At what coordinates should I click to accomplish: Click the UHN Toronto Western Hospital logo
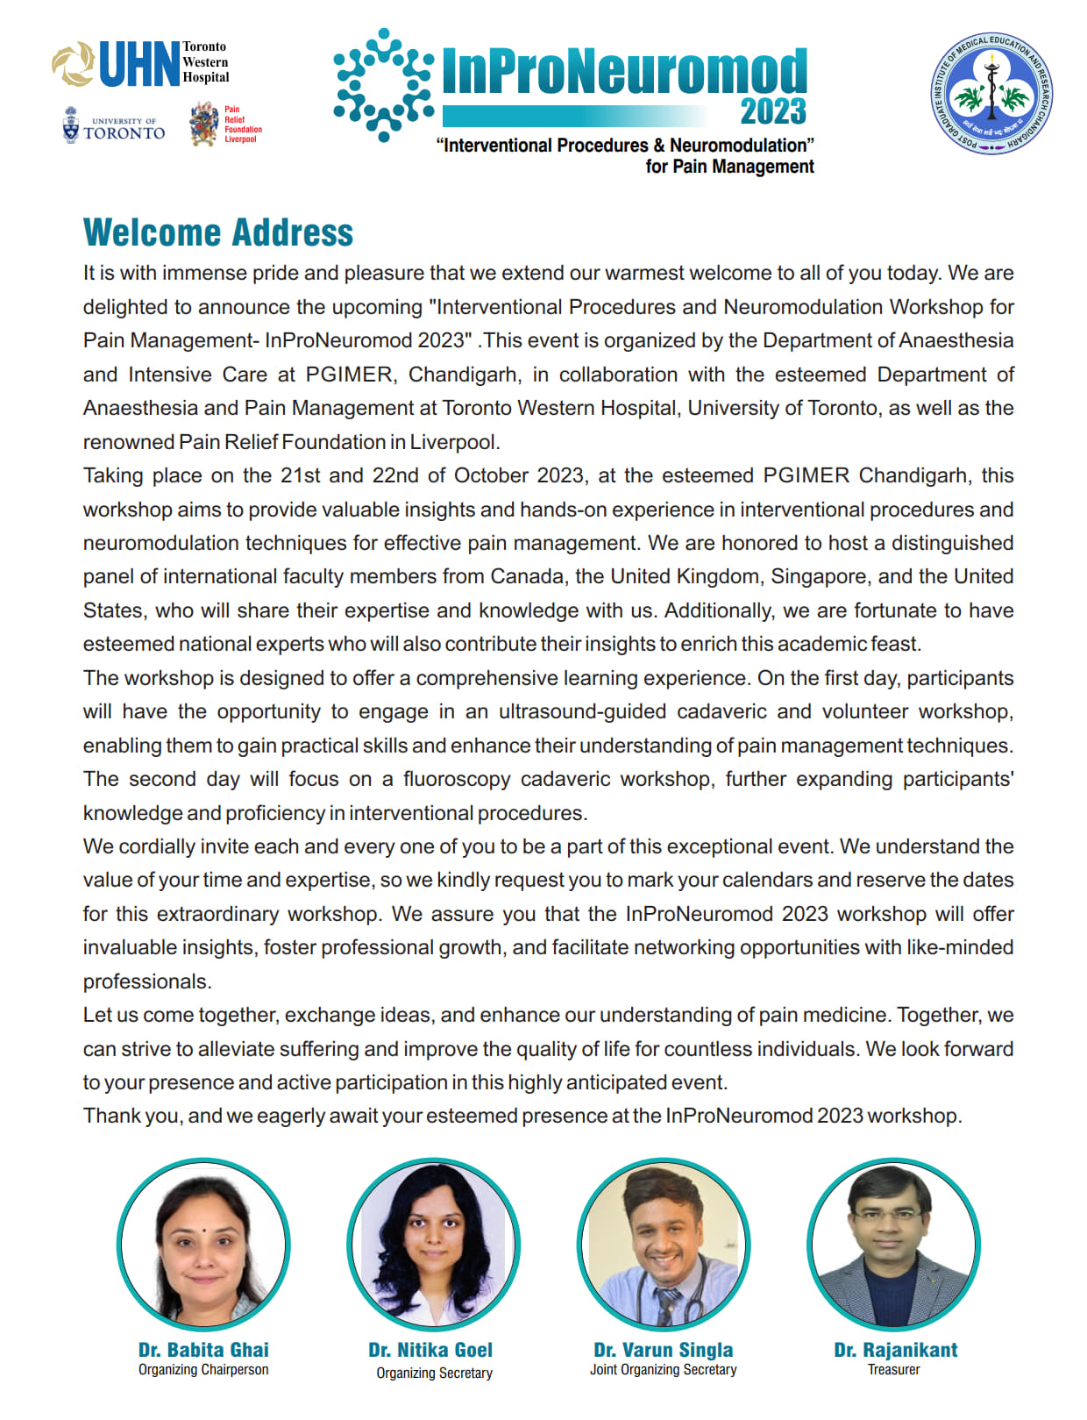click(140, 64)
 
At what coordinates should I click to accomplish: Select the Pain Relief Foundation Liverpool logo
click(225, 124)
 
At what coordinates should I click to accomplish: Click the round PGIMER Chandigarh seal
click(991, 94)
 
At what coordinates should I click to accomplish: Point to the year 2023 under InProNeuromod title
click(772, 112)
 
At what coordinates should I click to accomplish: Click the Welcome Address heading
click(218, 232)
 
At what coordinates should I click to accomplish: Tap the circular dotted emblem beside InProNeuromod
click(383, 84)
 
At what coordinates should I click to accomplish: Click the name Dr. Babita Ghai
click(203, 1350)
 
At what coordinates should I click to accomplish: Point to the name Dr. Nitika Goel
click(430, 1350)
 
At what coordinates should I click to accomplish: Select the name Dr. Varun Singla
click(664, 1350)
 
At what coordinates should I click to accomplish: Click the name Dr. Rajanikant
click(895, 1350)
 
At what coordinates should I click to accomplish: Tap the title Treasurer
click(893, 1370)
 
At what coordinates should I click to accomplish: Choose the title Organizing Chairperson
click(203, 1370)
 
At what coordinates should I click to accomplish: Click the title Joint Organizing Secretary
click(664, 1370)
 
